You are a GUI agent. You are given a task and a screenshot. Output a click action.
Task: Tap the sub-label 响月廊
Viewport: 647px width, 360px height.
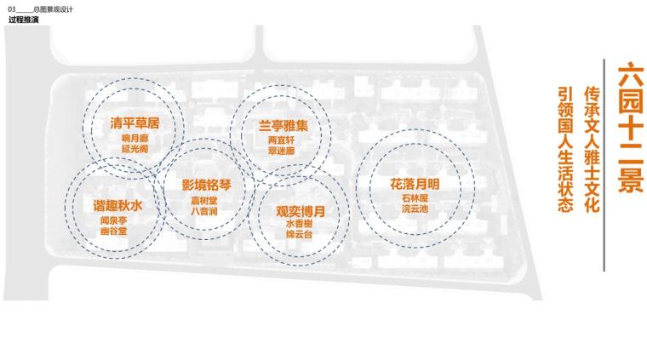pyautogui.click(x=135, y=138)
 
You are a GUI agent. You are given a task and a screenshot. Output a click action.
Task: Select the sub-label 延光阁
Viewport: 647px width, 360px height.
pyautogui.click(x=135, y=148)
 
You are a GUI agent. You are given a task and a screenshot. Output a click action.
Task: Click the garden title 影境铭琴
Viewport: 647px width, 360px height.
pyautogui.click(x=206, y=184)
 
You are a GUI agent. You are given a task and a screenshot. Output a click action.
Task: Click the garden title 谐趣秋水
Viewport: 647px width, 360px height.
pyautogui.click(x=117, y=206)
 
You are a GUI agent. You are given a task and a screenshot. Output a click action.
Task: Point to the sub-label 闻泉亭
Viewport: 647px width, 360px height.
pyautogui.click(x=113, y=220)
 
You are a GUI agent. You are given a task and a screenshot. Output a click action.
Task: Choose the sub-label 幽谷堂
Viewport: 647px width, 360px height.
pyautogui.click(x=113, y=231)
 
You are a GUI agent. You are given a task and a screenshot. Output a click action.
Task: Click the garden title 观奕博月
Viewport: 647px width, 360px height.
pyautogui.click(x=301, y=209)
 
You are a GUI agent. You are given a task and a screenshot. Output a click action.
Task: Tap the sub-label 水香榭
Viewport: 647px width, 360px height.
pyautogui.click(x=299, y=223)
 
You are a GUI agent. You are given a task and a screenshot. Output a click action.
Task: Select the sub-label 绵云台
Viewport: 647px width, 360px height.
pyautogui.click(x=299, y=233)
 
